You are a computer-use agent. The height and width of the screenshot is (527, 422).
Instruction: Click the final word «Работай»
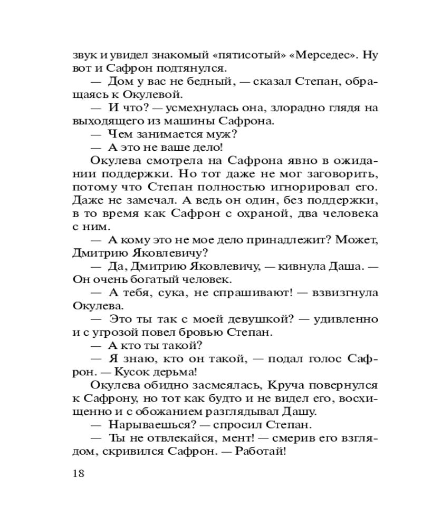[258, 451]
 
